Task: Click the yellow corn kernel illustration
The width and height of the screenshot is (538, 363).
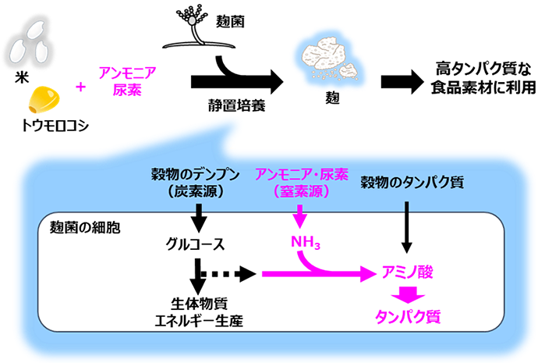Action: tap(44, 100)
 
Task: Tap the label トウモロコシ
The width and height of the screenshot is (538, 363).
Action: tap(55, 126)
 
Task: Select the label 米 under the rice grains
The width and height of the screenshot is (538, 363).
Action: tap(22, 77)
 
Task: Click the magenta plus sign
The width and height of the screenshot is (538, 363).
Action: tap(80, 87)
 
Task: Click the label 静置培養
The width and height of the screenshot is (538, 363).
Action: tap(237, 105)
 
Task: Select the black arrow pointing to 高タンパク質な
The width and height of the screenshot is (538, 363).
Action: tap(402, 82)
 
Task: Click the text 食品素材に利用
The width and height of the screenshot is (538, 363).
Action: tap(483, 87)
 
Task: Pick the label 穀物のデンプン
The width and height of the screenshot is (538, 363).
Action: tap(196, 175)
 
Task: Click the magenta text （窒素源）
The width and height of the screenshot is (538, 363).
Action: tap(302, 191)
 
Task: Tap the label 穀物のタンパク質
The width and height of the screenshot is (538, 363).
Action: tap(412, 183)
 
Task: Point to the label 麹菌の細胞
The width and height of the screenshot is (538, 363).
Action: tap(85, 228)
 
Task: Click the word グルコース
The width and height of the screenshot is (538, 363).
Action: tap(195, 244)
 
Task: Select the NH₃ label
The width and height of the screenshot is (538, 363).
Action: tap(306, 242)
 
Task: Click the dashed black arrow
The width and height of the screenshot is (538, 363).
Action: tap(228, 274)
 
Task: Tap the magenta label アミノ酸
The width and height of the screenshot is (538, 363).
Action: tap(407, 272)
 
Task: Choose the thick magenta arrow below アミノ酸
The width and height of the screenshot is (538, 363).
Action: tap(408, 294)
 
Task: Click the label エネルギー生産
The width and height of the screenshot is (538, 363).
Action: tap(199, 321)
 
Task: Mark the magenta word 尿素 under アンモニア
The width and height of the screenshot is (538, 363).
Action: tap(127, 90)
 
